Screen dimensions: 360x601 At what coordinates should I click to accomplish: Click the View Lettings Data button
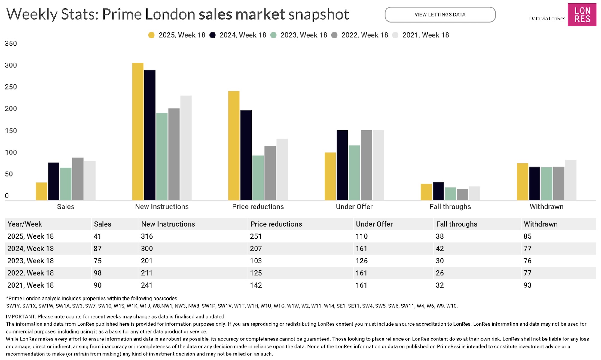click(440, 14)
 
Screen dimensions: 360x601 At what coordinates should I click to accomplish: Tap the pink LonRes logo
click(582, 15)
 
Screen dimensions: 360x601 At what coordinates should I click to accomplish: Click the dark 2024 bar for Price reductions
click(246, 155)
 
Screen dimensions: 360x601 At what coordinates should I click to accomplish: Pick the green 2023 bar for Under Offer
click(354, 173)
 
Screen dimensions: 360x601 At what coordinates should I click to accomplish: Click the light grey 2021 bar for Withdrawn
click(571, 180)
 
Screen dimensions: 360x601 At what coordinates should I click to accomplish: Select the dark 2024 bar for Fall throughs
click(438, 191)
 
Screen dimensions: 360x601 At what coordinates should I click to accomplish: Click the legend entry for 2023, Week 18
click(299, 35)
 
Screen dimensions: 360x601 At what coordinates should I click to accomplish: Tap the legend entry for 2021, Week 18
click(421, 35)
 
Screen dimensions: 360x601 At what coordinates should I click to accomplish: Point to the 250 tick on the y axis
click(11, 87)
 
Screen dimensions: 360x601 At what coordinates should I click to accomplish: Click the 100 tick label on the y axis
click(11, 152)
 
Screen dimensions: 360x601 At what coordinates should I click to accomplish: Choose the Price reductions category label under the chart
click(258, 206)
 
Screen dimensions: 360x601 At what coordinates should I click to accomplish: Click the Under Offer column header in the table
click(374, 224)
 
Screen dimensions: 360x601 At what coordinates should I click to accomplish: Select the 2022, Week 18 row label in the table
click(31, 273)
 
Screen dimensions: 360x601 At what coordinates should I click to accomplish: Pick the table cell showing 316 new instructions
click(147, 236)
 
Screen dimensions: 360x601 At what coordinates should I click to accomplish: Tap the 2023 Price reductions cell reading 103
click(256, 261)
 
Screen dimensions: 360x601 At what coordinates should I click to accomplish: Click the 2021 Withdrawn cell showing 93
click(527, 285)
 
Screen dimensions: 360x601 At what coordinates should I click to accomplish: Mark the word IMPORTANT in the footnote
click(21, 316)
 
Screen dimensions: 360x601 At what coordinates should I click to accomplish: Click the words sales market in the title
click(242, 14)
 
